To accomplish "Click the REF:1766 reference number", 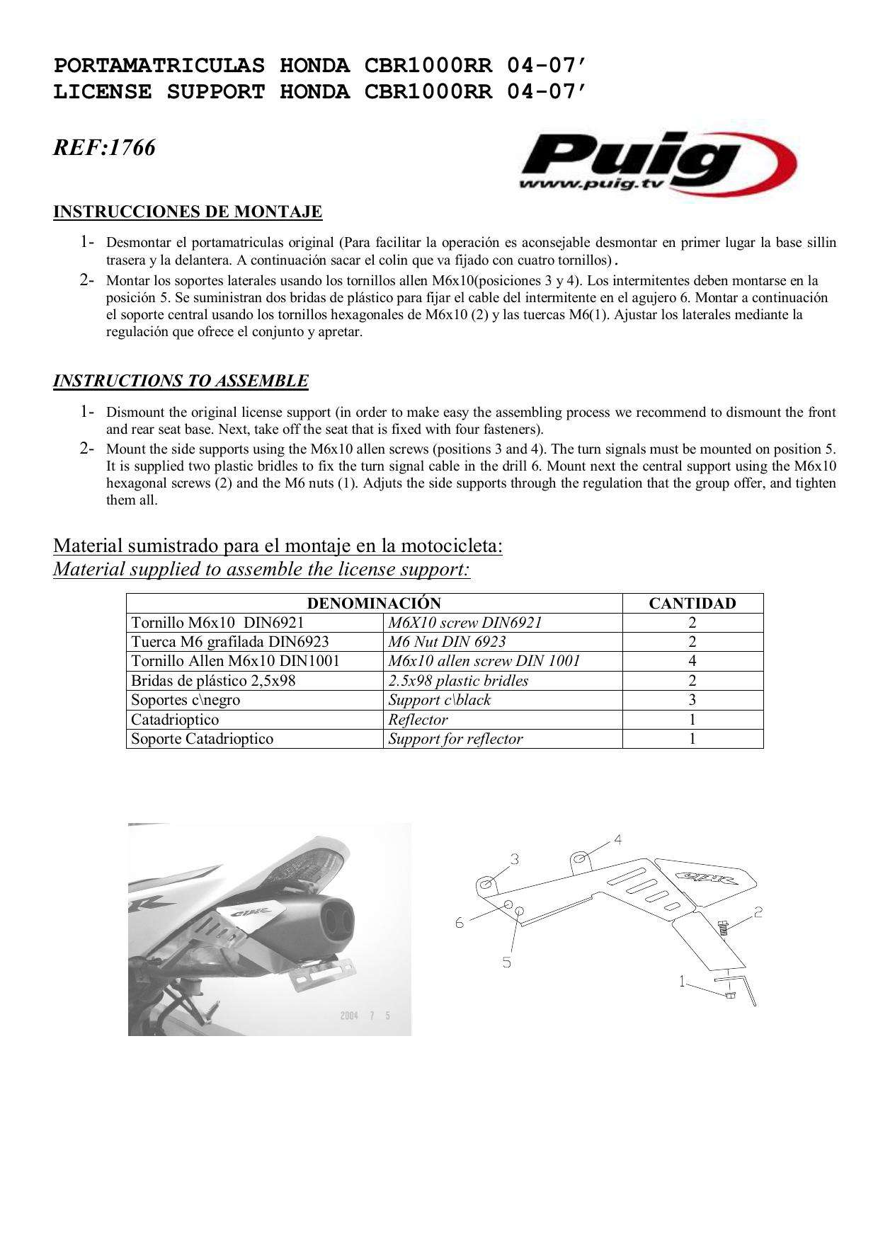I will click(104, 148).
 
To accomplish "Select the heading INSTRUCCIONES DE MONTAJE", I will click(188, 212).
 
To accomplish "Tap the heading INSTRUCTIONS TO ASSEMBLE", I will click(181, 381).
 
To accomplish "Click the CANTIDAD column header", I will click(692, 604).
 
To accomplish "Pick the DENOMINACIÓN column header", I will click(373, 604).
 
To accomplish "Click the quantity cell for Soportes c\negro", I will click(692, 700).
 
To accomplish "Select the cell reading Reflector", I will click(418, 720).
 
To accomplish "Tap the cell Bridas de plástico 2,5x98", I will click(213, 681).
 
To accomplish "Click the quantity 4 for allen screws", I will click(692, 661).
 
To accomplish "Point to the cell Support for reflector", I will click(455, 739).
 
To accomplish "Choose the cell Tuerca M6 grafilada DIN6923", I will click(230, 642).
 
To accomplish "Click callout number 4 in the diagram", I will click(617, 840).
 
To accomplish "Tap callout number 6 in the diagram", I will click(460, 923).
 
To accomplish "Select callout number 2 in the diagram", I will click(758, 912).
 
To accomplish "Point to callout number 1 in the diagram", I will click(683, 982).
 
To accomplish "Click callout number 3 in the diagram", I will click(515, 859).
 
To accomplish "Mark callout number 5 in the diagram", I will click(507, 962).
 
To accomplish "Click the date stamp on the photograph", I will click(365, 1016).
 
